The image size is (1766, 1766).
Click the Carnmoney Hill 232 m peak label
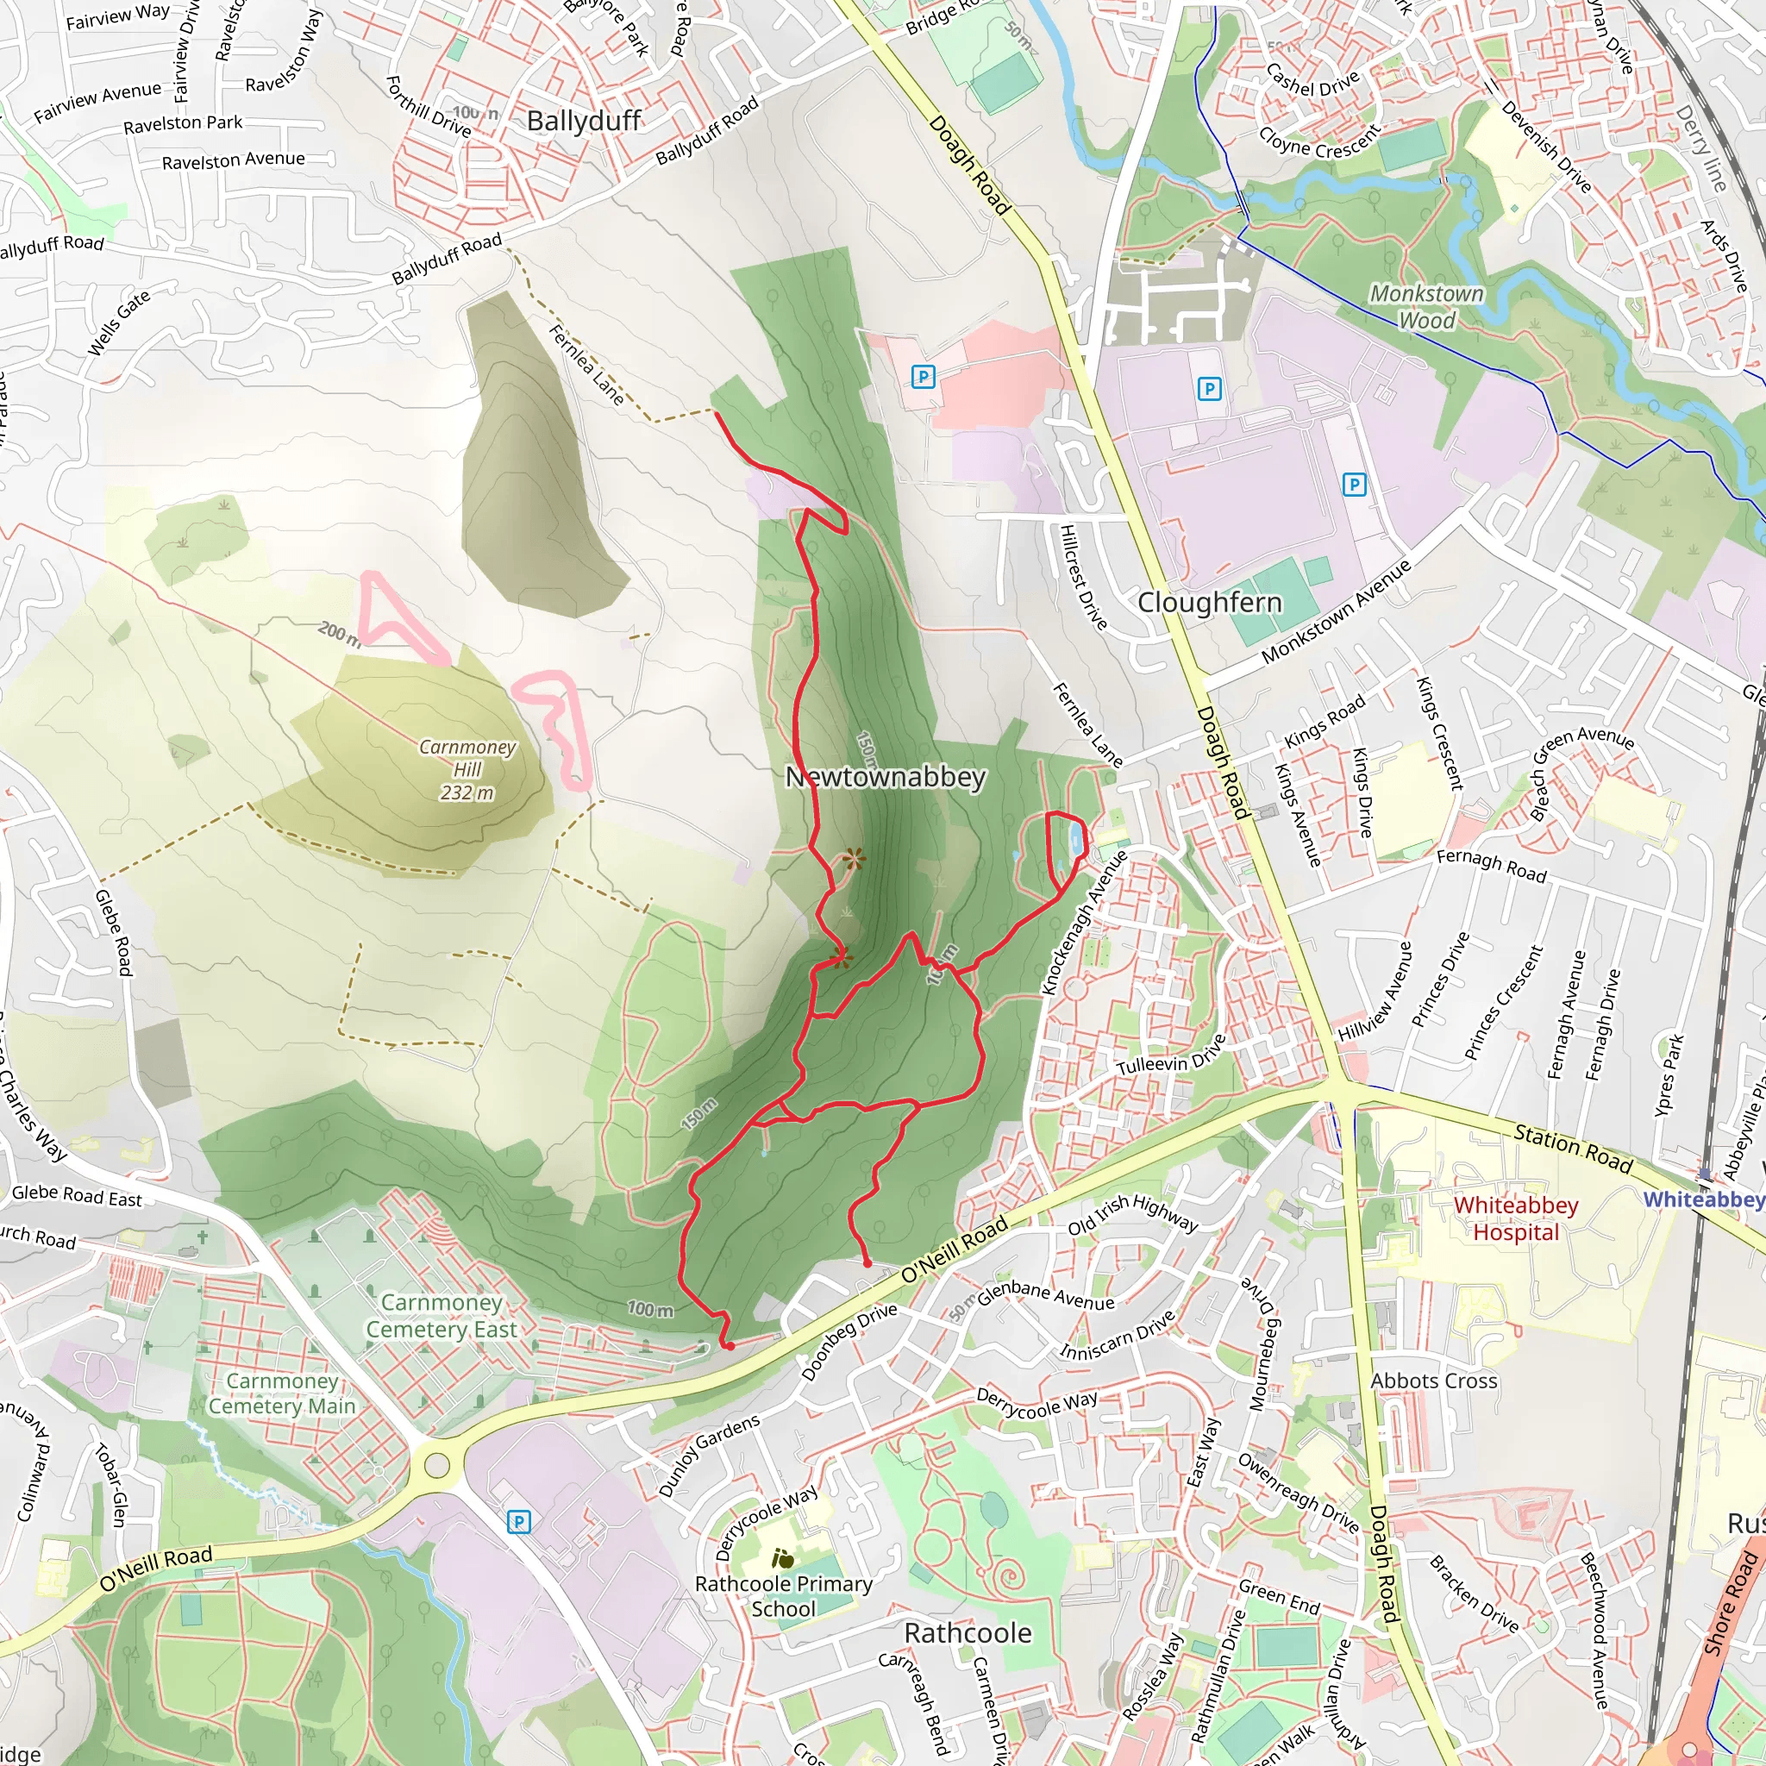click(467, 770)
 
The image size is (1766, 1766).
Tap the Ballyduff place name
click(584, 121)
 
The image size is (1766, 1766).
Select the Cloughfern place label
click(1209, 603)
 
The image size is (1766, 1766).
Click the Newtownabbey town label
click(886, 777)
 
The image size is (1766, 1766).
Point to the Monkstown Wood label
click(1426, 306)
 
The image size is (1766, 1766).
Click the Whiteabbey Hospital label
click(1516, 1218)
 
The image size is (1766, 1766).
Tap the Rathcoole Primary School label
click(783, 1595)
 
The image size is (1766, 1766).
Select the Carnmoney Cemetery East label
click(441, 1315)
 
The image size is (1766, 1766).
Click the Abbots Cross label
click(1433, 1381)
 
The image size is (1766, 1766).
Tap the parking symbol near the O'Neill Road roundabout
click(518, 1522)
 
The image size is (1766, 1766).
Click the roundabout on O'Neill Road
click(437, 1466)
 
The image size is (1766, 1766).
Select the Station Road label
click(1572, 1148)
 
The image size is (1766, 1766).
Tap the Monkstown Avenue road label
click(1336, 611)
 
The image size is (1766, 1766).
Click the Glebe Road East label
click(77, 1197)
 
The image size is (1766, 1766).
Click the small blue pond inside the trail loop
click(1077, 839)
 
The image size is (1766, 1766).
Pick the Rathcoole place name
click(968, 1632)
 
